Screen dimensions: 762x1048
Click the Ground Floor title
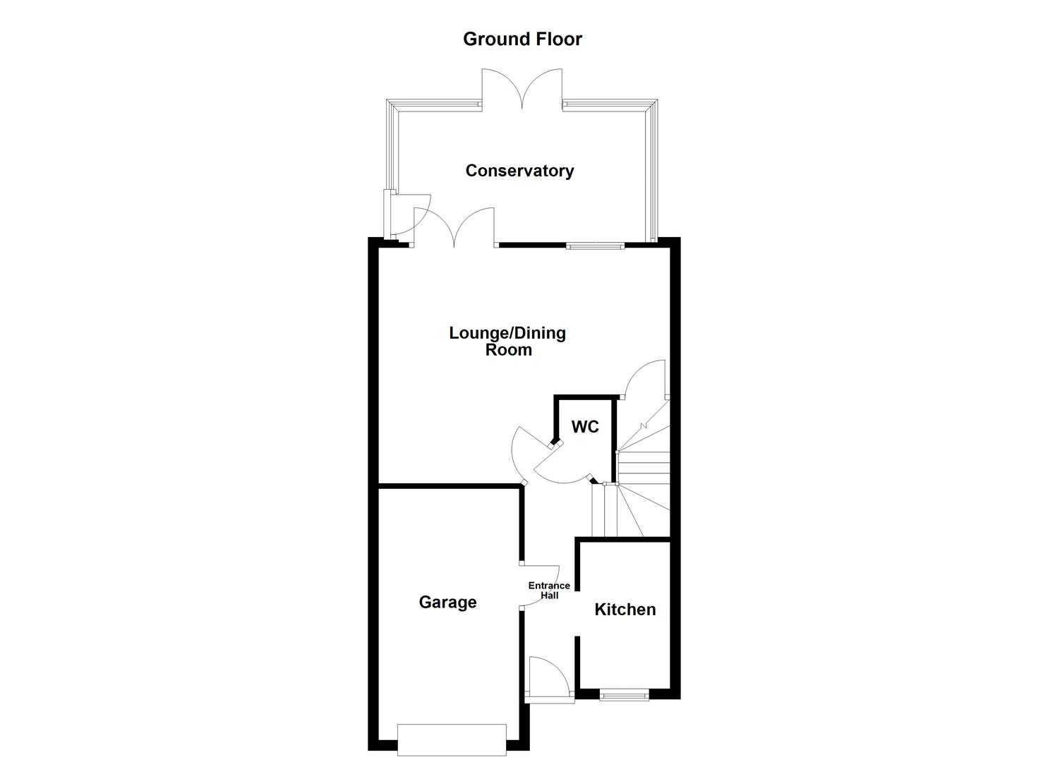[522, 39]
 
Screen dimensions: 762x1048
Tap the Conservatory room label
[519, 171]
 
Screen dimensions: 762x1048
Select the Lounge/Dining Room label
[507, 341]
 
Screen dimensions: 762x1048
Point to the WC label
[585, 427]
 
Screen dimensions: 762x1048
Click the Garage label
[447, 602]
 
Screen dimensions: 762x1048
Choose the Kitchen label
[625, 609]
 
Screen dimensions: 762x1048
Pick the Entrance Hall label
[549, 591]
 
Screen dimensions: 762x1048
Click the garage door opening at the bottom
[452, 739]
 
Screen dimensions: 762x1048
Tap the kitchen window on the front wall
[624, 696]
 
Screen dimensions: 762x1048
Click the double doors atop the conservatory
[522, 88]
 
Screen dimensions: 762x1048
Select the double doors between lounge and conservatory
[454, 227]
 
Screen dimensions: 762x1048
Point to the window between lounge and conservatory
[595, 246]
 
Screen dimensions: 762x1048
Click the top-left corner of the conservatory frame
[393, 106]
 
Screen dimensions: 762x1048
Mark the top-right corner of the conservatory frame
[651, 106]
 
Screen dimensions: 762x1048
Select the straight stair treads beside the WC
[643, 468]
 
